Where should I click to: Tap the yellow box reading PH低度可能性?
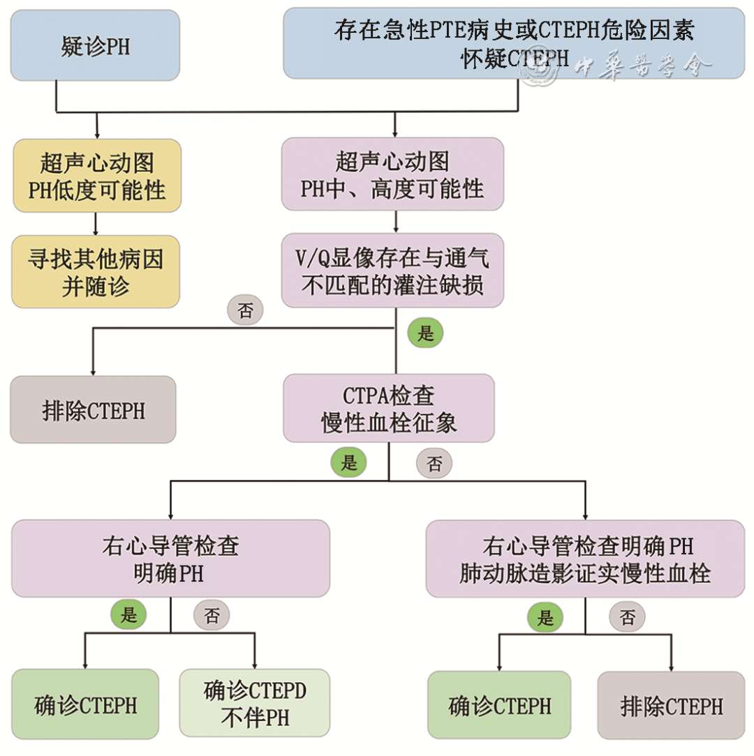coord(97,176)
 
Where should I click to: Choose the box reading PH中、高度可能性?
coord(392,174)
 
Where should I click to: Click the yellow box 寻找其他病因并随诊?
coord(96,272)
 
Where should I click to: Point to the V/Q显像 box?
coord(392,271)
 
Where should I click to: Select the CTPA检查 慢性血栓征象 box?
coord(389,408)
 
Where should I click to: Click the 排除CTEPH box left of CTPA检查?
coord(93,409)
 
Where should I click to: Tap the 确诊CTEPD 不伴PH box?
coord(254,704)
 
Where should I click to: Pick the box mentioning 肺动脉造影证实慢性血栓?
coord(585,559)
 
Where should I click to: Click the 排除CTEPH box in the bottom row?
coord(671,706)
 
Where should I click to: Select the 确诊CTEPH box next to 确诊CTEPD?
coord(85,704)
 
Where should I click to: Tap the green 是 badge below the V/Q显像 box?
coord(425,333)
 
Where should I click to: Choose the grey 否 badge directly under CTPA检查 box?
coord(434,464)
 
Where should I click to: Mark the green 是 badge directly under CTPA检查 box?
coord(348,462)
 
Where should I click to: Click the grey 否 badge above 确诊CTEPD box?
coord(211,615)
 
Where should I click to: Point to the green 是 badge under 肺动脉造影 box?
coord(545,617)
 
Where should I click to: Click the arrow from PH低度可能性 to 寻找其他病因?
coord(96,223)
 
